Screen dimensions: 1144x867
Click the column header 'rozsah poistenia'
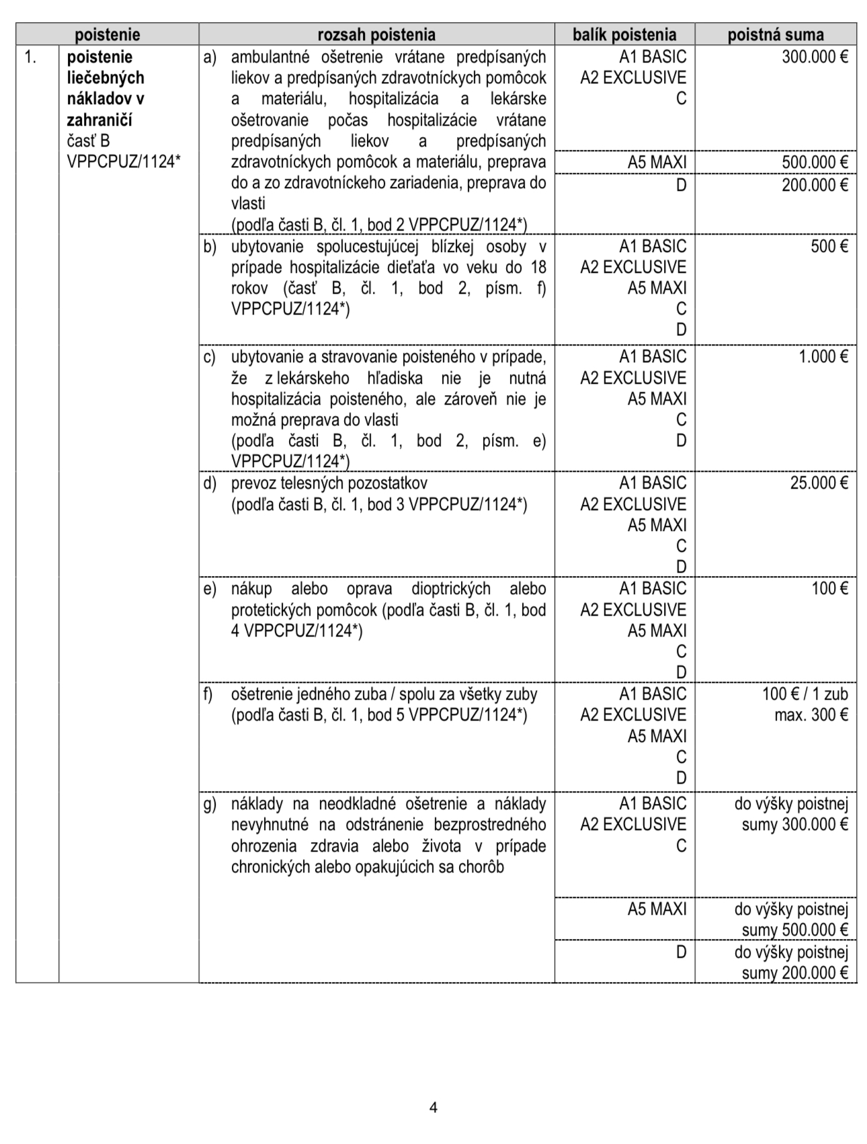pos(376,35)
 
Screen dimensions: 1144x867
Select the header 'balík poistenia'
pos(624,35)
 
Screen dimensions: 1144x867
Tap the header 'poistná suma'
pos(775,35)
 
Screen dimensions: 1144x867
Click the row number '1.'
pos(30,57)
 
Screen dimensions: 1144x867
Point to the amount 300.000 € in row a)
pos(815,57)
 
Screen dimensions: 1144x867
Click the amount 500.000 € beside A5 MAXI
pos(815,163)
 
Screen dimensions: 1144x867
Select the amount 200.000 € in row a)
pos(815,186)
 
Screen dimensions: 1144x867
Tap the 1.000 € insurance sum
pos(823,357)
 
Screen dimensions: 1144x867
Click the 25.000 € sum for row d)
pos(819,483)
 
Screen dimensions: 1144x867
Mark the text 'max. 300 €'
pos(811,715)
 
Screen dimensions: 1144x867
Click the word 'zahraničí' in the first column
pos(99,120)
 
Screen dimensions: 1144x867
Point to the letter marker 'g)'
pos(210,804)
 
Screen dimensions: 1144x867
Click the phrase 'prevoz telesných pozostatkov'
pos(329,483)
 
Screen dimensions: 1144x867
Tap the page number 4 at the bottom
pos(433,1107)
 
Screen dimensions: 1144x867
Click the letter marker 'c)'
pos(210,357)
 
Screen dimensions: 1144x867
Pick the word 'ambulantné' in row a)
pos(269,57)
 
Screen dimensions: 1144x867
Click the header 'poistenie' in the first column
pos(107,35)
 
